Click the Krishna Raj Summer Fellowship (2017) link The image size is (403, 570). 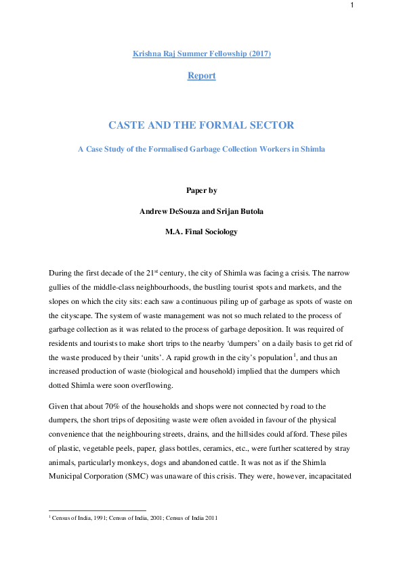pos(201,53)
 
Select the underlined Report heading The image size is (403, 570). pos(201,76)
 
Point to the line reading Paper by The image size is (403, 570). pos(201,190)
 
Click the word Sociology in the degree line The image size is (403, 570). pos(219,231)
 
